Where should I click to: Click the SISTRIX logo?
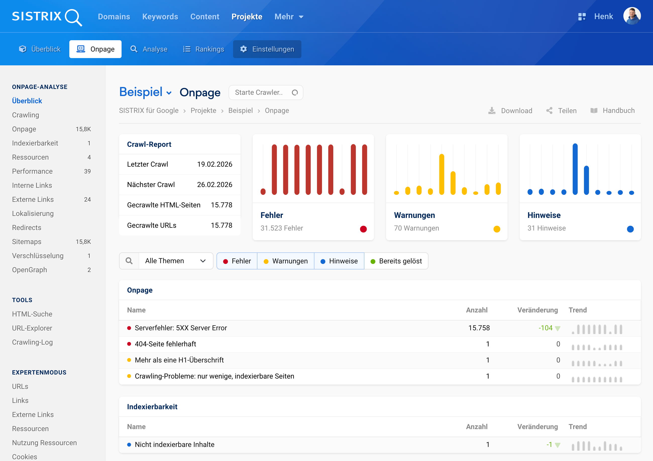(47, 17)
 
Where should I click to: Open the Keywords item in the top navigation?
(160, 17)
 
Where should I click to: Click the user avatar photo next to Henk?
(632, 16)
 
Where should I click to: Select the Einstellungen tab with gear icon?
(267, 49)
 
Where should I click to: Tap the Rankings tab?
(204, 49)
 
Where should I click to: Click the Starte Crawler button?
(266, 93)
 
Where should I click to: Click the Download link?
(510, 111)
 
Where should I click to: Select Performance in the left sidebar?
(32, 171)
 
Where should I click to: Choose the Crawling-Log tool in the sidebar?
(32, 342)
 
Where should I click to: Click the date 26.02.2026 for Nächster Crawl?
(214, 185)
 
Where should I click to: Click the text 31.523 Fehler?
(282, 228)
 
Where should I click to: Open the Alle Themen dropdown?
(176, 261)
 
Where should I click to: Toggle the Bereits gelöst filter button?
(396, 261)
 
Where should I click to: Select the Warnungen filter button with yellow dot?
(286, 261)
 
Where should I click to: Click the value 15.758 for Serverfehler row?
(479, 328)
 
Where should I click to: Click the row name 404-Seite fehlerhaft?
(165, 344)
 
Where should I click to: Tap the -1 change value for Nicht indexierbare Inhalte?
(549, 444)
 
